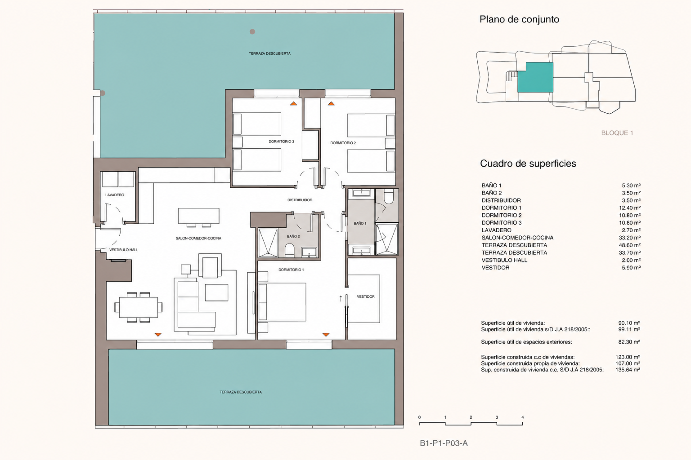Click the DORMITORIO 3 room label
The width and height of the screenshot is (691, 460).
click(281, 141)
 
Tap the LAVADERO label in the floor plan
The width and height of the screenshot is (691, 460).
click(115, 195)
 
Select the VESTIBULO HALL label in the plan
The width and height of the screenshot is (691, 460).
click(124, 250)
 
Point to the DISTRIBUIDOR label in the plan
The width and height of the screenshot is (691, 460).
click(300, 200)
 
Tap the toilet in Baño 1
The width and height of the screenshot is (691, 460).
click(388, 197)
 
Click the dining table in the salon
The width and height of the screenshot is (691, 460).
click(138, 307)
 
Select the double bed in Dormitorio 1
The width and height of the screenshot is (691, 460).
click(282, 302)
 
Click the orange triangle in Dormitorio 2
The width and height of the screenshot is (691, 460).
click(331, 103)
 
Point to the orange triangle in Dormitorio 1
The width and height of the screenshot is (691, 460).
click(326, 334)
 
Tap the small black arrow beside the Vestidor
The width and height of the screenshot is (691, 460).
click(341, 298)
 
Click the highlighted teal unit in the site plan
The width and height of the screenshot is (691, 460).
click(535, 77)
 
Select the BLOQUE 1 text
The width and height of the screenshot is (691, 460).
click(617, 133)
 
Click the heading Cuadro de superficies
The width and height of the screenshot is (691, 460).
click(528, 163)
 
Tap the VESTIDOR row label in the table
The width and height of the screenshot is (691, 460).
click(495, 268)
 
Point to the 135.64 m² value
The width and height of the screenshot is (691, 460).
click(628, 370)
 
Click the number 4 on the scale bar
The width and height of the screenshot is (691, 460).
click(522, 417)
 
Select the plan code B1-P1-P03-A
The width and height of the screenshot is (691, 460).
click(444, 443)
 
